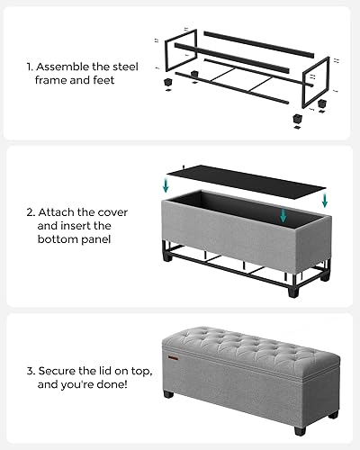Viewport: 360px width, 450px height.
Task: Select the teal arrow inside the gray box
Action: pyautogui.click(x=283, y=214)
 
